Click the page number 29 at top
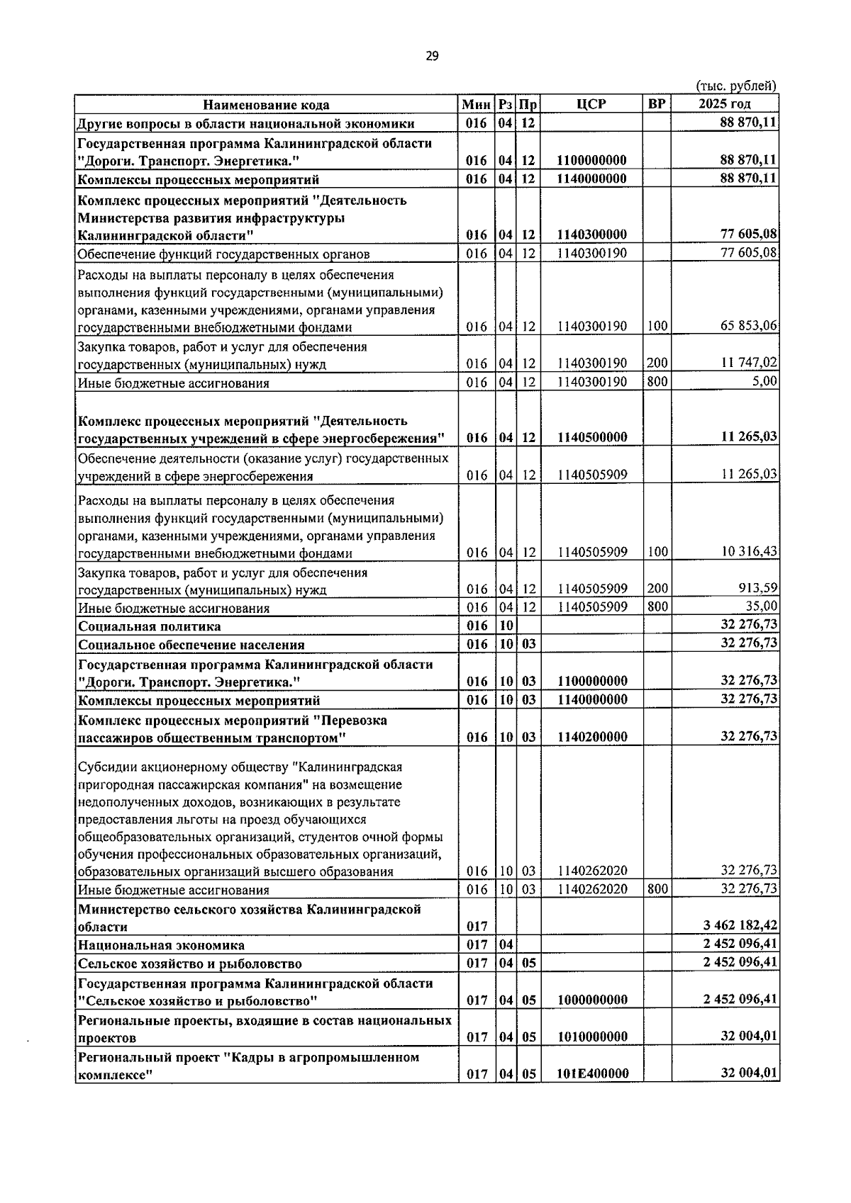(432, 57)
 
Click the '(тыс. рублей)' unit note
(737, 86)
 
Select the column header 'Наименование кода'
(266, 105)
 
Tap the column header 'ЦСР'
(591, 104)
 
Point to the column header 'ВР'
(657, 104)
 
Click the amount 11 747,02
(749, 363)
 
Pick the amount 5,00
(762, 381)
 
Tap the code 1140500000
(592, 437)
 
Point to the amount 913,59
(755, 588)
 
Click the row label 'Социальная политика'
(150, 626)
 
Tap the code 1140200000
(592, 737)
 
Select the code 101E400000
(592, 1074)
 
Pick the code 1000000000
(592, 1000)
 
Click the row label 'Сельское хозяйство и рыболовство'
(189, 964)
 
